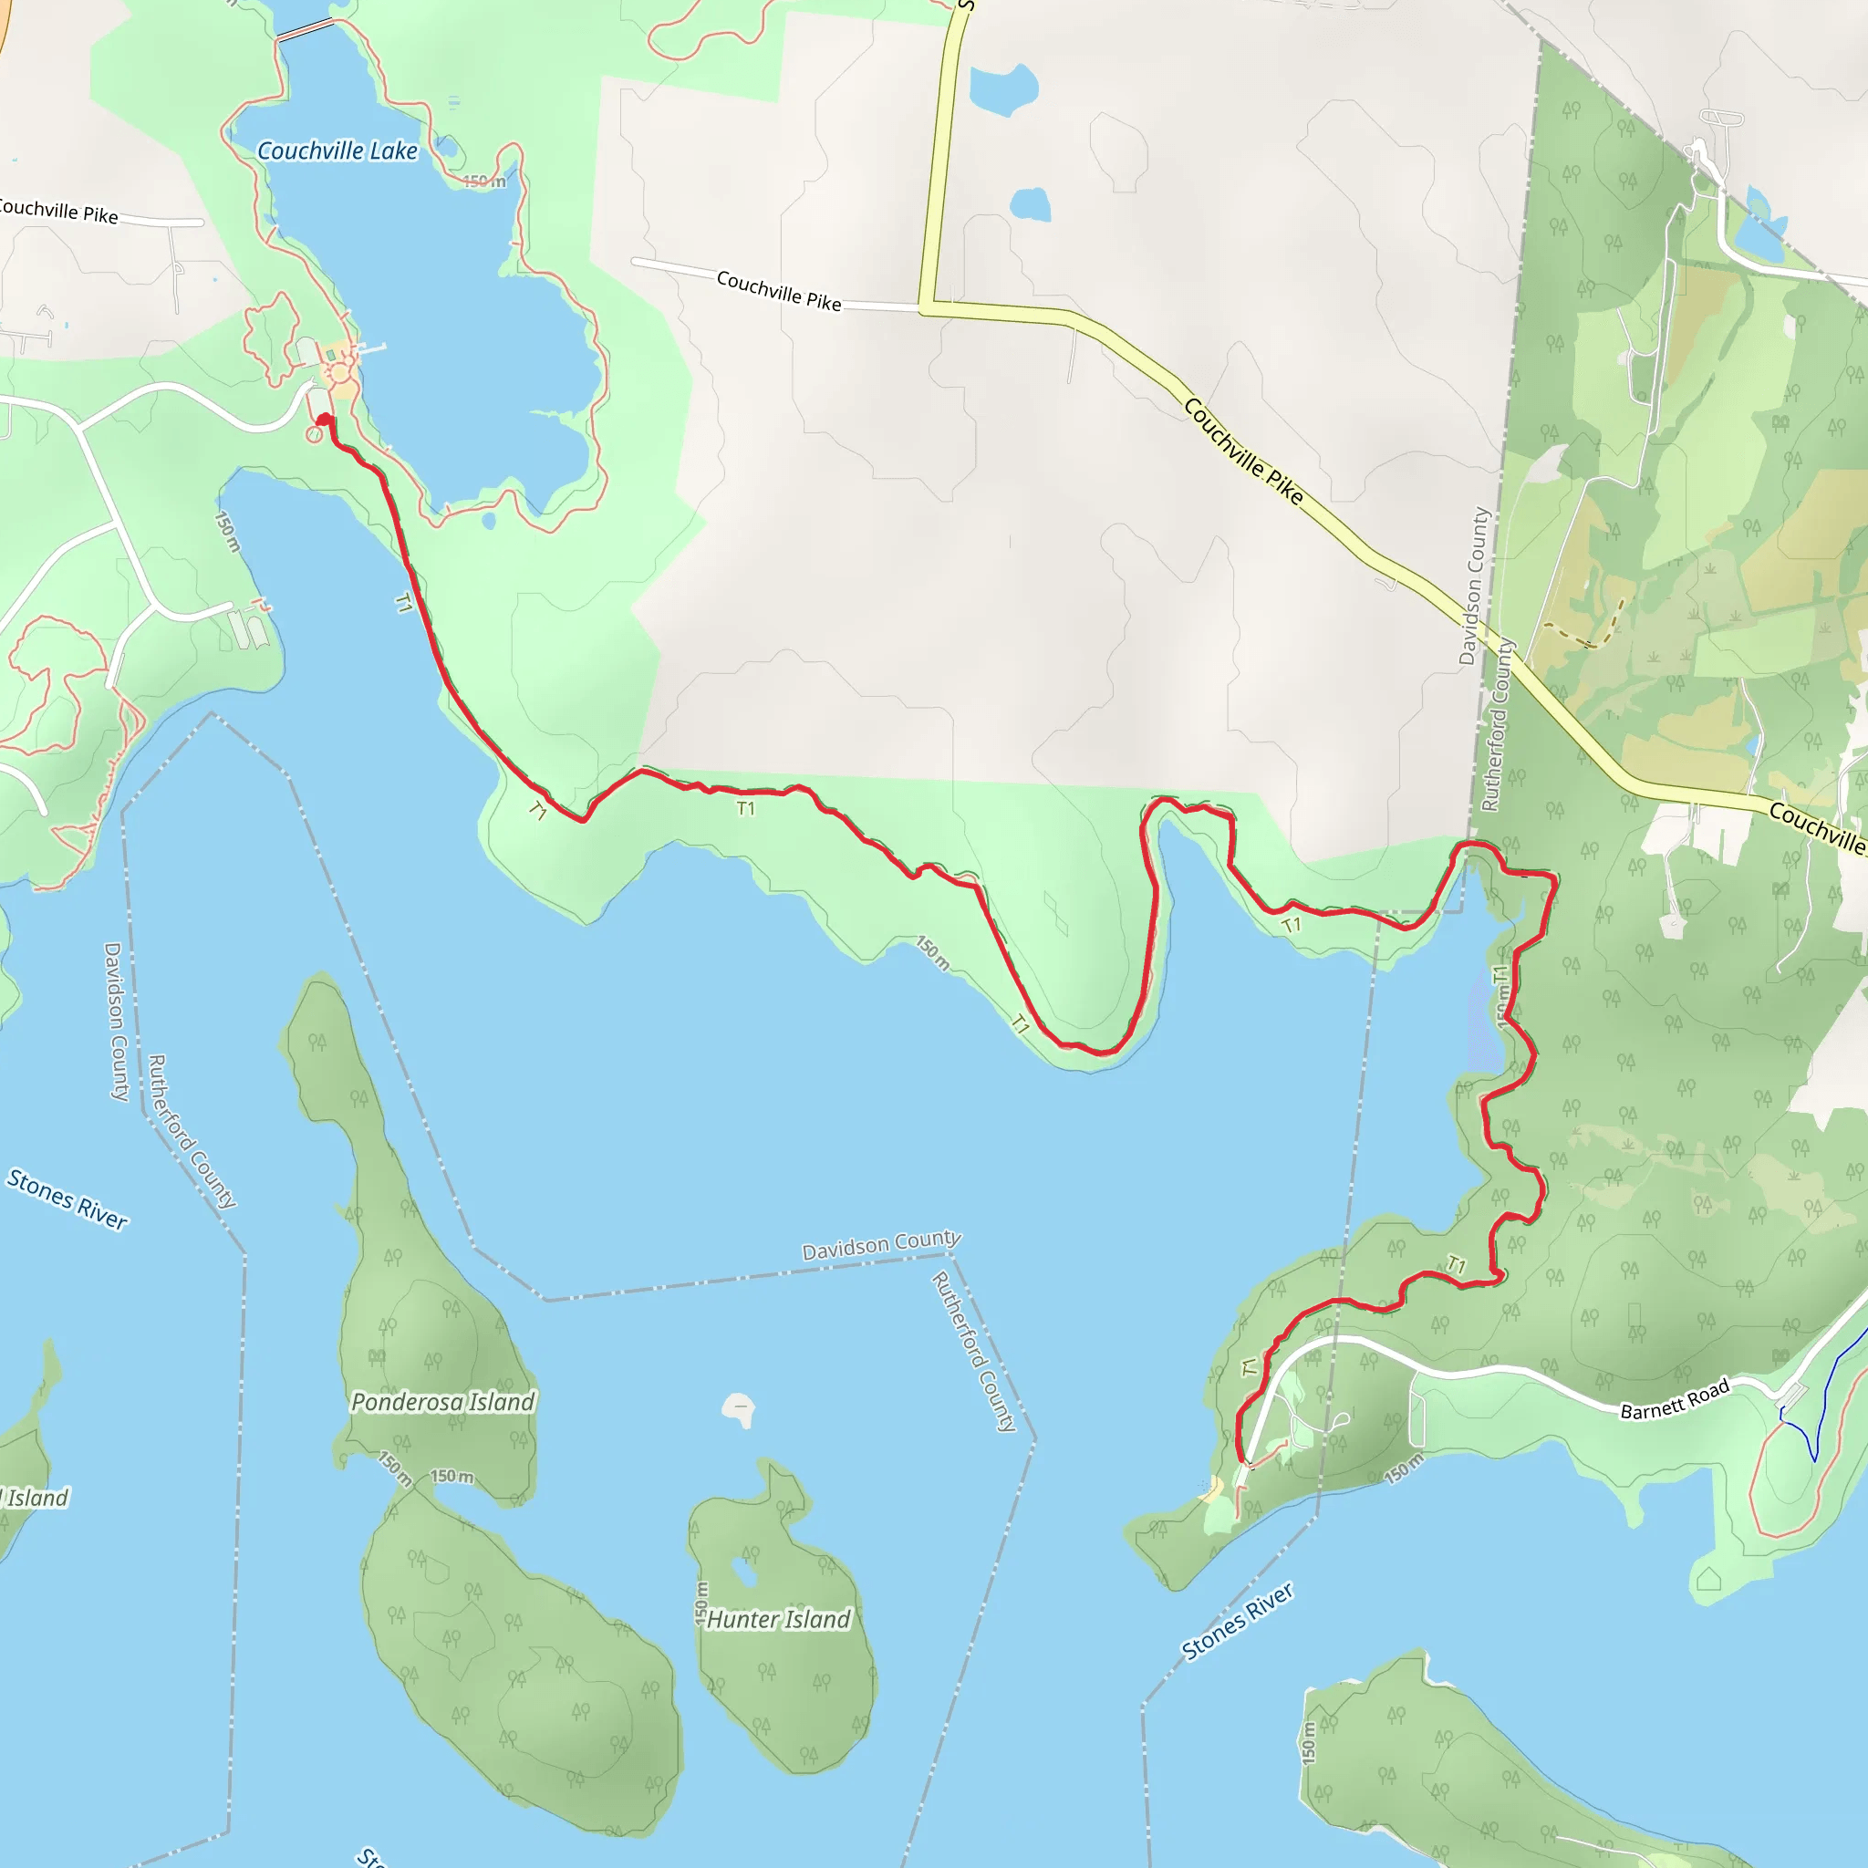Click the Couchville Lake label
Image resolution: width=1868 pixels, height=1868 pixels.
[x=337, y=150]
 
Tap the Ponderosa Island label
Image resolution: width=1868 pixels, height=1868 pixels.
[x=441, y=1402]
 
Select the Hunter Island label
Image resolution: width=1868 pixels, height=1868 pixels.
[x=778, y=1619]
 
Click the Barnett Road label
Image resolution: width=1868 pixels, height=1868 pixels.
[x=1675, y=1400]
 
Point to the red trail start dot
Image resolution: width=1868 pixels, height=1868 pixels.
[x=324, y=419]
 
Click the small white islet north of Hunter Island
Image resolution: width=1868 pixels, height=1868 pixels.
[x=739, y=1411]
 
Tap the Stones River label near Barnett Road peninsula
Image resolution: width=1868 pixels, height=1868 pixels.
[x=1237, y=1622]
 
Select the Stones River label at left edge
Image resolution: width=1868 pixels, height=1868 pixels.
[x=67, y=1199]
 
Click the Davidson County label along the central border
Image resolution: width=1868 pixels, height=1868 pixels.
[x=881, y=1244]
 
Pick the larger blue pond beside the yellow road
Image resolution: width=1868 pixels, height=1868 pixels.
[x=1002, y=88]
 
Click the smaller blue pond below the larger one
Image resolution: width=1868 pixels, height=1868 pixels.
[x=1031, y=204]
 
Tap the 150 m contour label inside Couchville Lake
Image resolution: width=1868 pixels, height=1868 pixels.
[x=483, y=182]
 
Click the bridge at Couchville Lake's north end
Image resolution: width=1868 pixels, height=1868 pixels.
[x=306, y=30]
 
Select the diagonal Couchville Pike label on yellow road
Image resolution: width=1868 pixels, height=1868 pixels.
[x=1243, y=451]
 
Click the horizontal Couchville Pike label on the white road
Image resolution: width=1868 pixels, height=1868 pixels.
[x=778, y=290]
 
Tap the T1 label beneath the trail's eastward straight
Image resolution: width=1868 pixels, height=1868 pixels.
[x=745, y=808]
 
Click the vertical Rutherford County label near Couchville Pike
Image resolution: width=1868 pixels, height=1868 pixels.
[x=1497, y=725]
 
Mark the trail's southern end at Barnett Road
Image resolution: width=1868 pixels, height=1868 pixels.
[x=1241, y=1460]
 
